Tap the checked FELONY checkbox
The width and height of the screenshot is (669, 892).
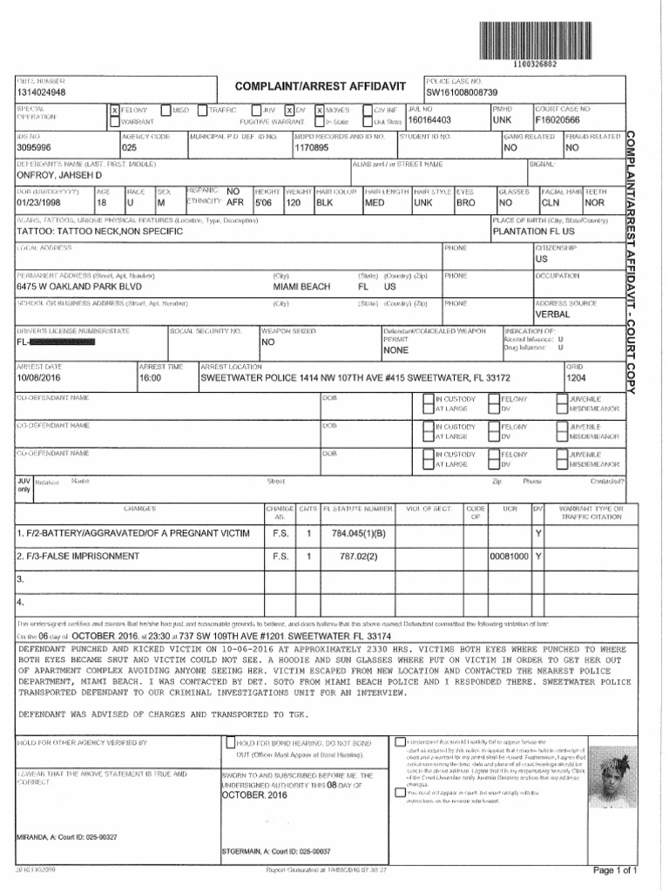click(x=114, y=111)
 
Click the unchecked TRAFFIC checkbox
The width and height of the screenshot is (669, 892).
click(x=203, y=111)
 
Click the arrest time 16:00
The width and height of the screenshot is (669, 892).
click(x=151, y=379)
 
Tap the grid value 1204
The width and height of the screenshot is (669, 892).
click(x=577, y=379)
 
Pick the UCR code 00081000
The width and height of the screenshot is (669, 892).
click(x=510, y=555)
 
